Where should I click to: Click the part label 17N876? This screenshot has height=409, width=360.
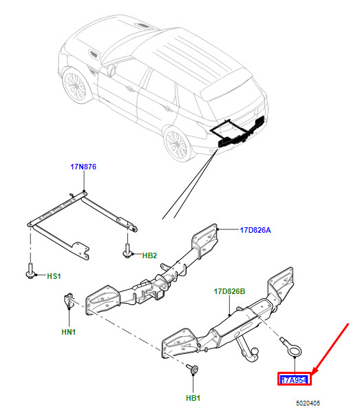(83, 167)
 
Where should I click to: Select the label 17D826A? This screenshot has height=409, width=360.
(255, 230)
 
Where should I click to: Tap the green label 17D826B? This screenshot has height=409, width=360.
(229, 291)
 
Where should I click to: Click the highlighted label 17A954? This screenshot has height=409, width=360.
(295, 380)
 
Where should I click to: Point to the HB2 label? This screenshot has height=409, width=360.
(149, 255)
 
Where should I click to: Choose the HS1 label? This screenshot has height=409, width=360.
(54, 276)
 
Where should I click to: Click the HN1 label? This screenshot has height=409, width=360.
(69, 332)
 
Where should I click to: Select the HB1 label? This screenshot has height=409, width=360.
(193, 398)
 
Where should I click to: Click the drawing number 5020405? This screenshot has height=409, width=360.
(308, 403)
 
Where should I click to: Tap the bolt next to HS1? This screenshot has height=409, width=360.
(30, 271)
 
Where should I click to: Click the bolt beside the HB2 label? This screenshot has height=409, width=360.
(127, 251)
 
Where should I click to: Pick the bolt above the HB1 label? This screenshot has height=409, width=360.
(192, 368)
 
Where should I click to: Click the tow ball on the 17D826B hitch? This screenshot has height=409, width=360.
(254, 353)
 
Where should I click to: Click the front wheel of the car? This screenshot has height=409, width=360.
(76, 87)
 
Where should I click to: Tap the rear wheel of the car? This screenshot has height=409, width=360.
(178, 143)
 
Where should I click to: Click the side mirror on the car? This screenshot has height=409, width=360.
(112, 70)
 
